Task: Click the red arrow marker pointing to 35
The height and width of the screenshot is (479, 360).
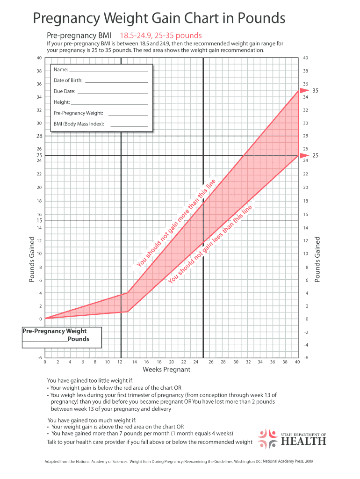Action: pyautogui.click(x=304, y=90)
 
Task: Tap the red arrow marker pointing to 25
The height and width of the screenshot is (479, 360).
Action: pyautogui.click(x=304, y=155)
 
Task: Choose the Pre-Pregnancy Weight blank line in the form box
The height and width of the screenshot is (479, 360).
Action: pyautogui.click(x=128, y=115)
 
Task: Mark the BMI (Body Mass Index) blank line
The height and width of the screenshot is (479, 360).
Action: pyautogui.click(x=129, y=126)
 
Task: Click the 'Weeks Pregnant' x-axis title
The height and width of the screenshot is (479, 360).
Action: pyautogui.click(x=166, y=370)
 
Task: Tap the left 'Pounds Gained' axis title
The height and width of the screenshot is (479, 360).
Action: pyautogui.click(x=32, y=259)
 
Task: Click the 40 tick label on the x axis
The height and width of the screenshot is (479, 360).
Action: pyautogui.click(x=297, y=362)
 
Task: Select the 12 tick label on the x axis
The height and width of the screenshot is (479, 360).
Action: pyautogui.click(x=120, y=362)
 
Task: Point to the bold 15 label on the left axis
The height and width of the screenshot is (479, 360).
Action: pyautogui.click(x=39, y=221)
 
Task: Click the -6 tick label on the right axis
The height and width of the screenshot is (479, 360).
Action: pyautogui.click(x=306, y=358)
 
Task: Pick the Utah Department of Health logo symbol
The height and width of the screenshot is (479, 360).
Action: pyautogui.click(x=268, y=437)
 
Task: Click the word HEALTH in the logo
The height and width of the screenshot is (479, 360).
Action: pyautogui.click(x=303, y=441)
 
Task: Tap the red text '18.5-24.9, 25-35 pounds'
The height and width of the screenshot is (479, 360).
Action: pyautogui.click(x=161, y=36)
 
